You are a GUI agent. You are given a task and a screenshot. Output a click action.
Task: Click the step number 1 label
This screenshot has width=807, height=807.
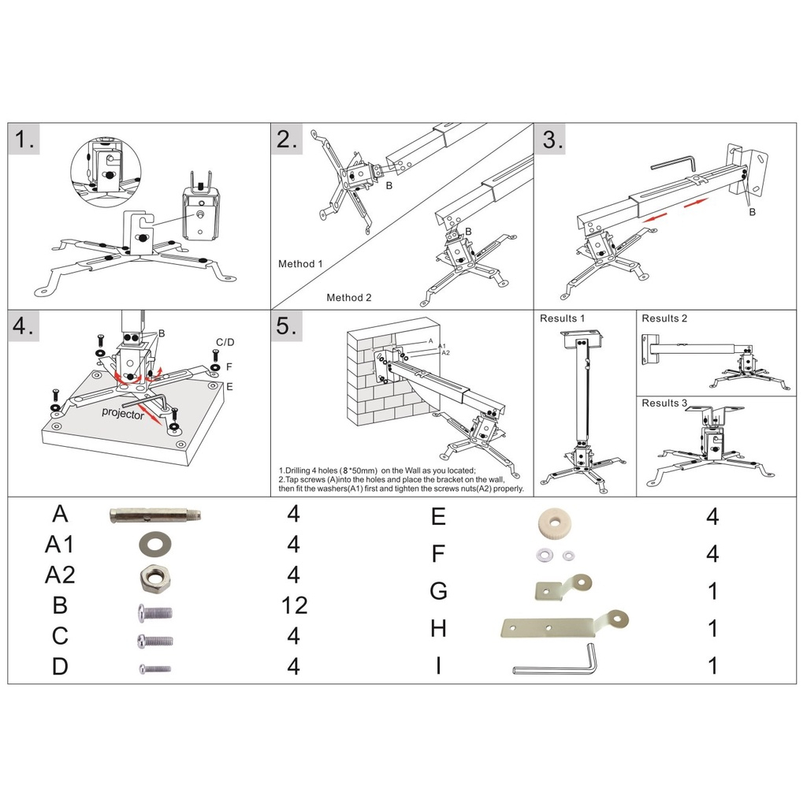(26, 141)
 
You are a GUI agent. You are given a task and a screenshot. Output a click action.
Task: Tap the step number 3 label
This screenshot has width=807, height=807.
(553, 141)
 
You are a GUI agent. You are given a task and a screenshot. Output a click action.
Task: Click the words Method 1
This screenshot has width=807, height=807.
(300, 264)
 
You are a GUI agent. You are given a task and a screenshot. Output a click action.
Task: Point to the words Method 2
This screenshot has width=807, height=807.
(348, 297)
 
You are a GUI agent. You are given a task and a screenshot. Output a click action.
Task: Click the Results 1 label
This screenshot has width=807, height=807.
(562, 318)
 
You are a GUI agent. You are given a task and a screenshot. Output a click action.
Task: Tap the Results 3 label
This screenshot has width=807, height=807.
(664, 403)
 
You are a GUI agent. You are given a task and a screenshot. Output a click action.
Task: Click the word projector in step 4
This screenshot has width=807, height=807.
(122, 413)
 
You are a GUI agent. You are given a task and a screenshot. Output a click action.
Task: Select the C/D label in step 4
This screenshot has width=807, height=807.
(225, 342)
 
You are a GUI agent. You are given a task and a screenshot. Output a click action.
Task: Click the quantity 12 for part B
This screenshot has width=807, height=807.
(294, 605)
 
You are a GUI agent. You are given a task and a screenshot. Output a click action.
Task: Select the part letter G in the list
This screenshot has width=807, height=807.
(438, 590)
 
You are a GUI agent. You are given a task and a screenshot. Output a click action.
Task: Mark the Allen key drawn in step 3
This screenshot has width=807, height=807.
(672, 163)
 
